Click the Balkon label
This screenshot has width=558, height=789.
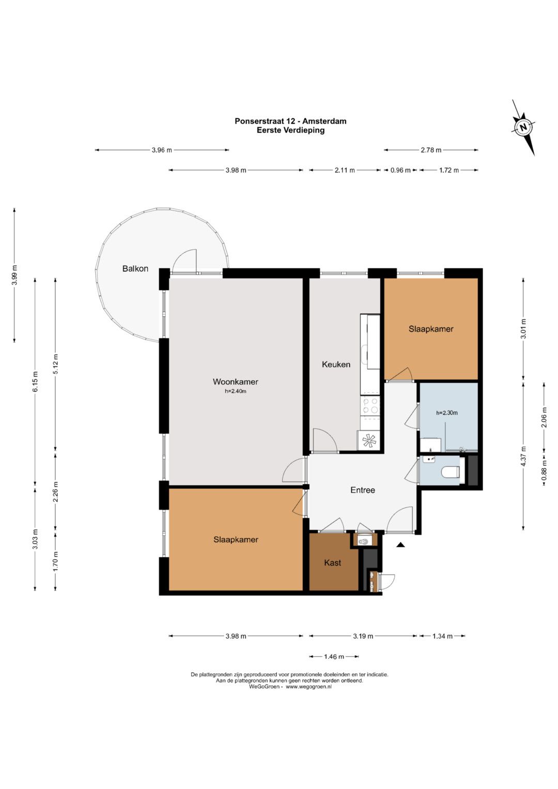(135, 269)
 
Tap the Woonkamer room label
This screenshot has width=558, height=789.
(235, 381)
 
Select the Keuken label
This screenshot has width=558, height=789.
(336, 364)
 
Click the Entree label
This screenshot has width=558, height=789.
(363, 490)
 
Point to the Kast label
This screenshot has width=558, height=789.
(333, 563)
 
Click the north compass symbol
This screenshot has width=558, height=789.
(524, 127)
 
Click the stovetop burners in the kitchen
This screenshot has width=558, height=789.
(370, 405)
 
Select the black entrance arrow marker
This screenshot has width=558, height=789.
(399, 545)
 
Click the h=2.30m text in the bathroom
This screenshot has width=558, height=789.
(447, 413)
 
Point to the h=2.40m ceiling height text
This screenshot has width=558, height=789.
(235, 391)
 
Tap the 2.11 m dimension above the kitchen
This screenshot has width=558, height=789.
(345, 170)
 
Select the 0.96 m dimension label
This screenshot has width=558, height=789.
(400, 170)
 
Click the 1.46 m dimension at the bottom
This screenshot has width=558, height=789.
(334, 657)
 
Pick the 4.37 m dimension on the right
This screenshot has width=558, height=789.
(523, 456)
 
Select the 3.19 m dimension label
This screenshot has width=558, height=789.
(363, 636)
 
